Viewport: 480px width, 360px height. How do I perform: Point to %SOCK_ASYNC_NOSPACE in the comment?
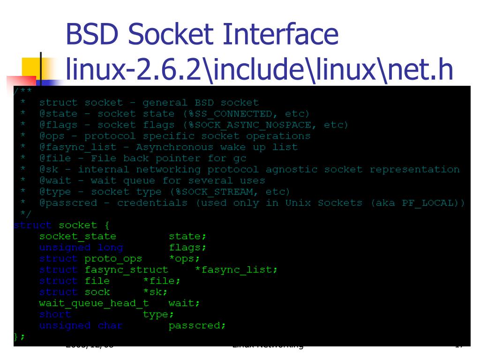[x=258, y=125]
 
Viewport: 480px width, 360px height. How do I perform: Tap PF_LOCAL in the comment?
[x=433, y=203]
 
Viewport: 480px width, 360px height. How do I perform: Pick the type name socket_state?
[x=77, y=236]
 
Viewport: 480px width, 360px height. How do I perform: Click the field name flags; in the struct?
[x=187, y=247]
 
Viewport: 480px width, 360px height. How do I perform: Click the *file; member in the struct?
[x=162, y=281]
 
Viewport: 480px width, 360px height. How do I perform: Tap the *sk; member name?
[x=155, y=292]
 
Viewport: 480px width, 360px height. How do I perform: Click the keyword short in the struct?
[x=55, y=314]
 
